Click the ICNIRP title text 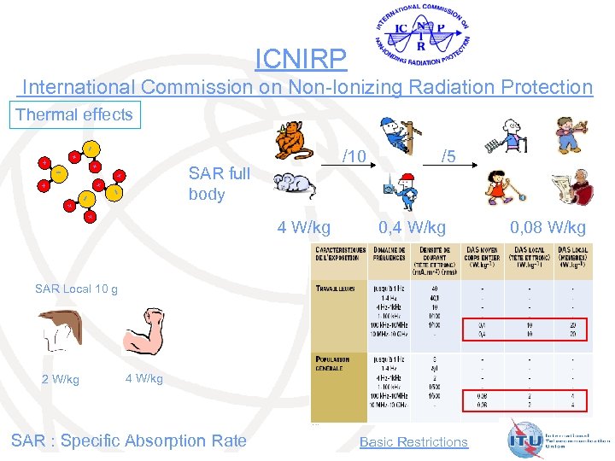pos(302,58)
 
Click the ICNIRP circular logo pos(423,36)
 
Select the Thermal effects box pos(74,114)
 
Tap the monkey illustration pos(293,138)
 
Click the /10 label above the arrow pos(354,156)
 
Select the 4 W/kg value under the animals pos(304,227)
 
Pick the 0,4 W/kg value pos(412,227)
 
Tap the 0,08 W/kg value pos(548,227)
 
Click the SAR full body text pos(220,184)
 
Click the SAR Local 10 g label pos(76,289)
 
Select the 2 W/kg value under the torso pos(61,379)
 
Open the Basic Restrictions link pos(413,441)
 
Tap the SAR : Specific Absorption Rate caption pos(128,441)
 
